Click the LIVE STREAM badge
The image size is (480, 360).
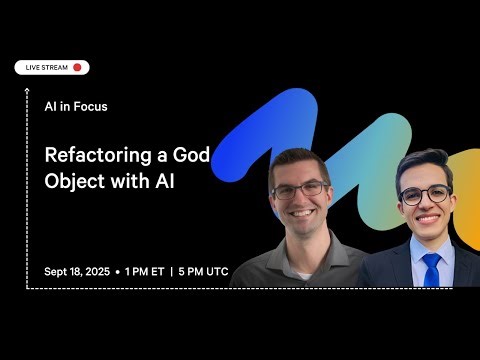tap(52, 67)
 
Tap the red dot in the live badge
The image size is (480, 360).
tap(78, 67)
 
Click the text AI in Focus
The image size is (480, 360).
tap(76, 106)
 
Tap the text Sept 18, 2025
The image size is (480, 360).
tap(77, 271)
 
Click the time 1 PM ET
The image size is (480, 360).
tap(145, 271)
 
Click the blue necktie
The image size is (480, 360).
tap(430, 268)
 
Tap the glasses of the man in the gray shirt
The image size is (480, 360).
tap(299, 187)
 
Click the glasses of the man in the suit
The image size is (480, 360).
tap(424, 193)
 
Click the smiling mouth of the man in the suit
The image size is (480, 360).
tap(428, 217)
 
